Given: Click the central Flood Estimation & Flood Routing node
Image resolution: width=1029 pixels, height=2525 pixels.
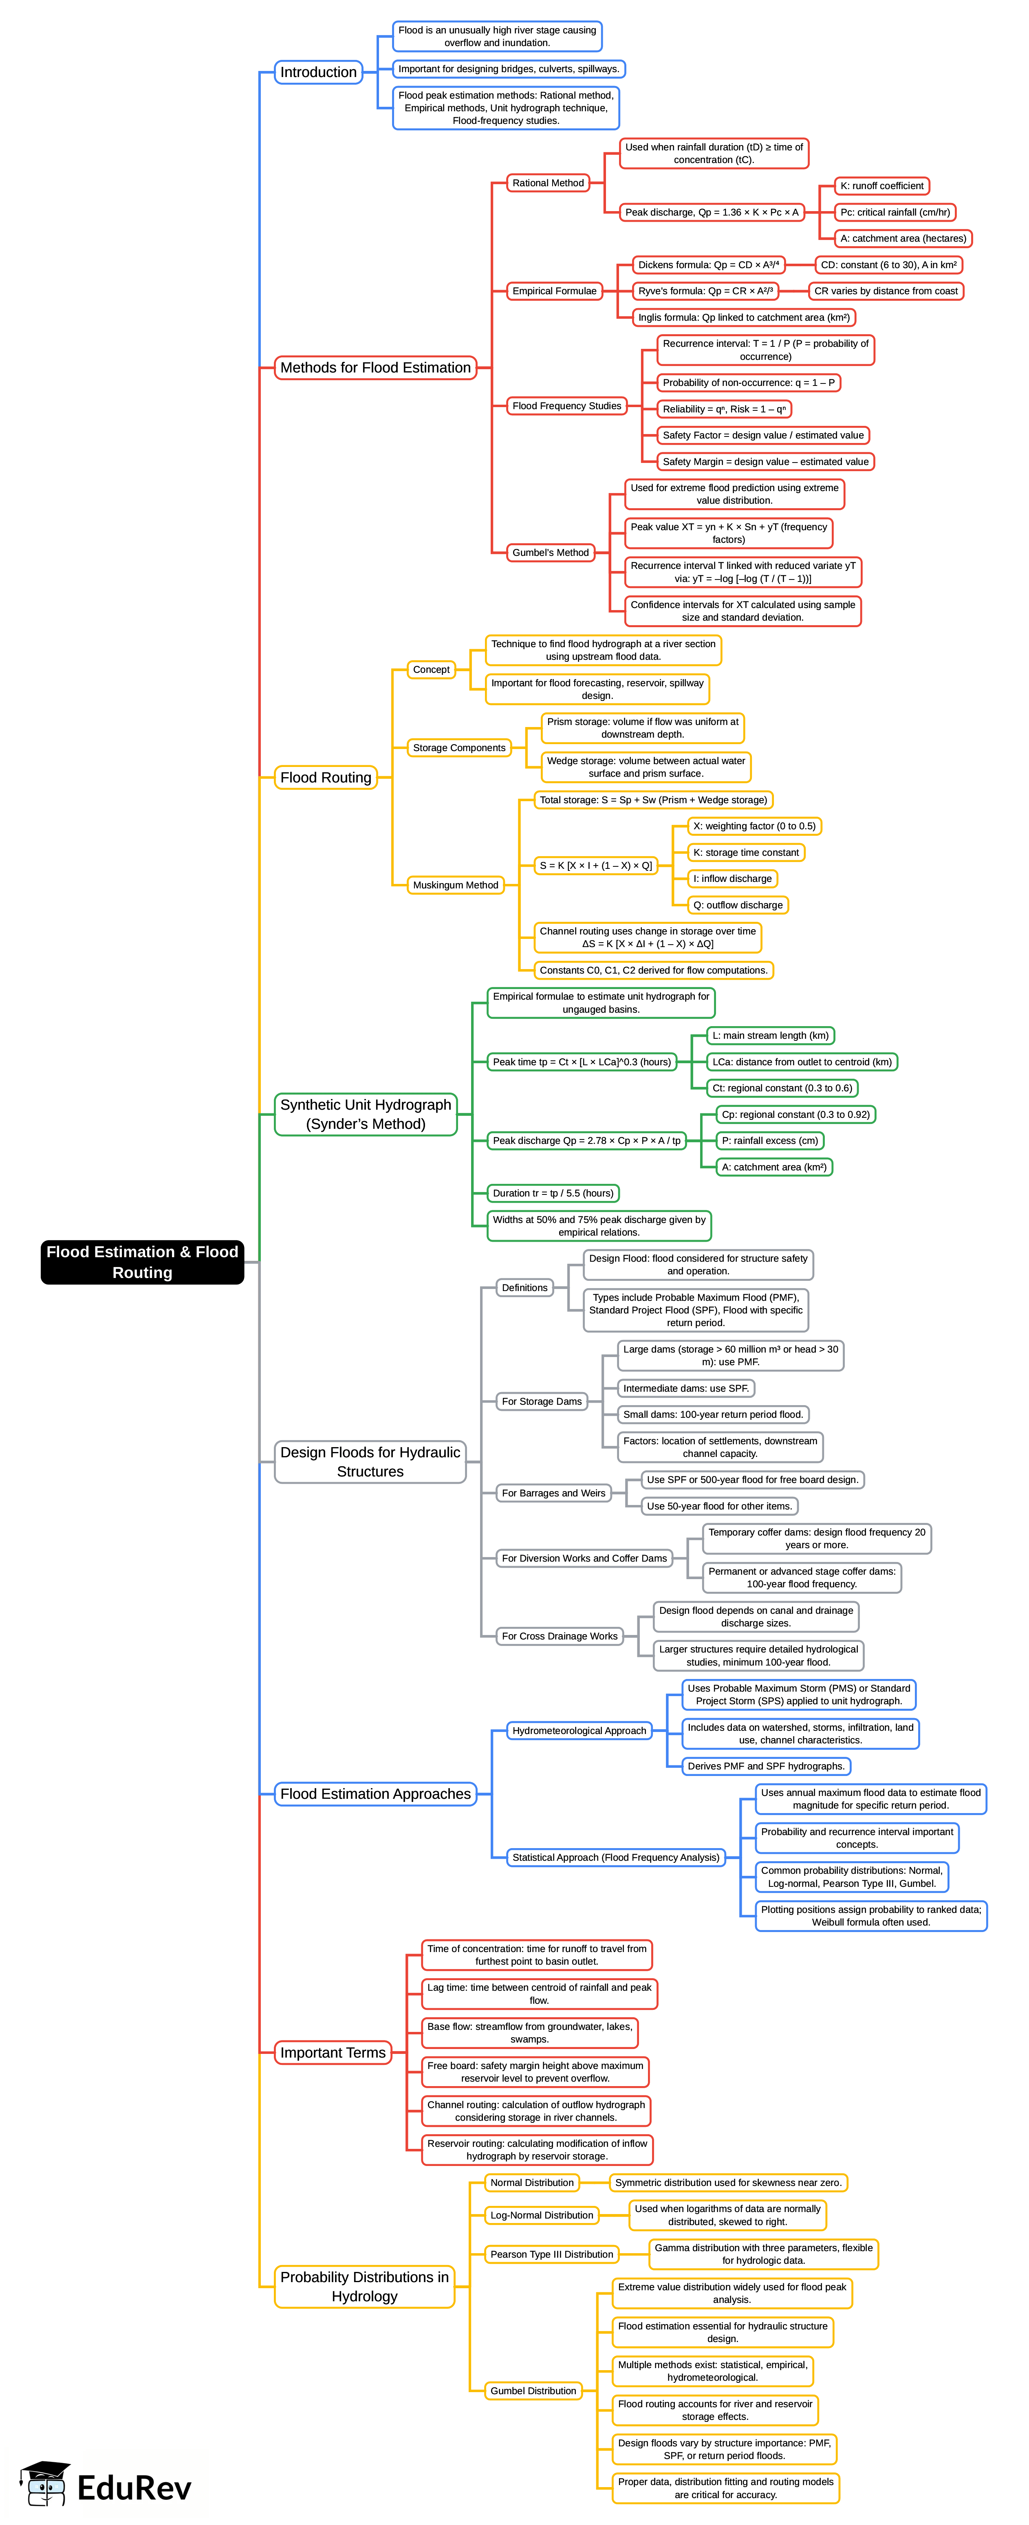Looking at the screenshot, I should click(142, 1262).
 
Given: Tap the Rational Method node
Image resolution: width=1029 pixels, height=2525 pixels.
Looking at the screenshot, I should click(548, 183).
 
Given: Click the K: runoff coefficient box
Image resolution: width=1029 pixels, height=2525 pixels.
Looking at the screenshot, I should click(881, 186).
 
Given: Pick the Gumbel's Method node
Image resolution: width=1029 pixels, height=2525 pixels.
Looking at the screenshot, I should click(550, 553).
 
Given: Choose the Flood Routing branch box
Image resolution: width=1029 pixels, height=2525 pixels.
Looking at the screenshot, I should click(325, 777).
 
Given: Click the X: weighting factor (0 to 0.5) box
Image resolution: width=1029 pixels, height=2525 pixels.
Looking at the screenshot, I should click(754, 826).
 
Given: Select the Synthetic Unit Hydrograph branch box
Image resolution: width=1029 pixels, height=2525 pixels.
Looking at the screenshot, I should click(366, 1115).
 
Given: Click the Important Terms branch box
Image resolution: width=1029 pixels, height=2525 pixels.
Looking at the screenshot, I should click(332, 2053).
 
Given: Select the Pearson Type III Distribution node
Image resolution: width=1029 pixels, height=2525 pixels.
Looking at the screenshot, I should click(552, 2254).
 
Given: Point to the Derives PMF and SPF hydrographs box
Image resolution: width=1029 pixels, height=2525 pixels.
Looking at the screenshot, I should click(765, 1766).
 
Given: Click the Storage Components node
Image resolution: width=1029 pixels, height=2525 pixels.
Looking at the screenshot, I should click(458, 748).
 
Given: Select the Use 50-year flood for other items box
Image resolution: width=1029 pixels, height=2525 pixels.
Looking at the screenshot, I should click(719, 1507).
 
